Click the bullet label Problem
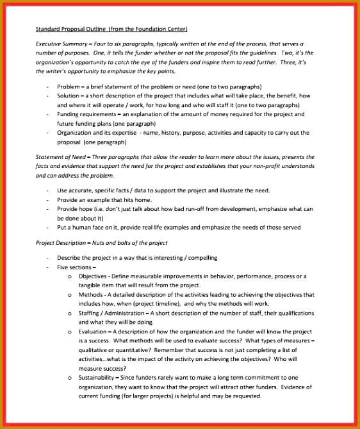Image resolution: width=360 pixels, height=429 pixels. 69,87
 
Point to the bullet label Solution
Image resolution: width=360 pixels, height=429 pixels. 69,96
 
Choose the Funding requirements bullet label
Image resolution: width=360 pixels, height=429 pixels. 85,114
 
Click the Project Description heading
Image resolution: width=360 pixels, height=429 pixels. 61,242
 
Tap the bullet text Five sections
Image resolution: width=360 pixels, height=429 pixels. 74,267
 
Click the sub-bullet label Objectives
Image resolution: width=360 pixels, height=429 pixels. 92,276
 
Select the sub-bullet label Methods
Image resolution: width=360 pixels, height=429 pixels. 90,295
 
